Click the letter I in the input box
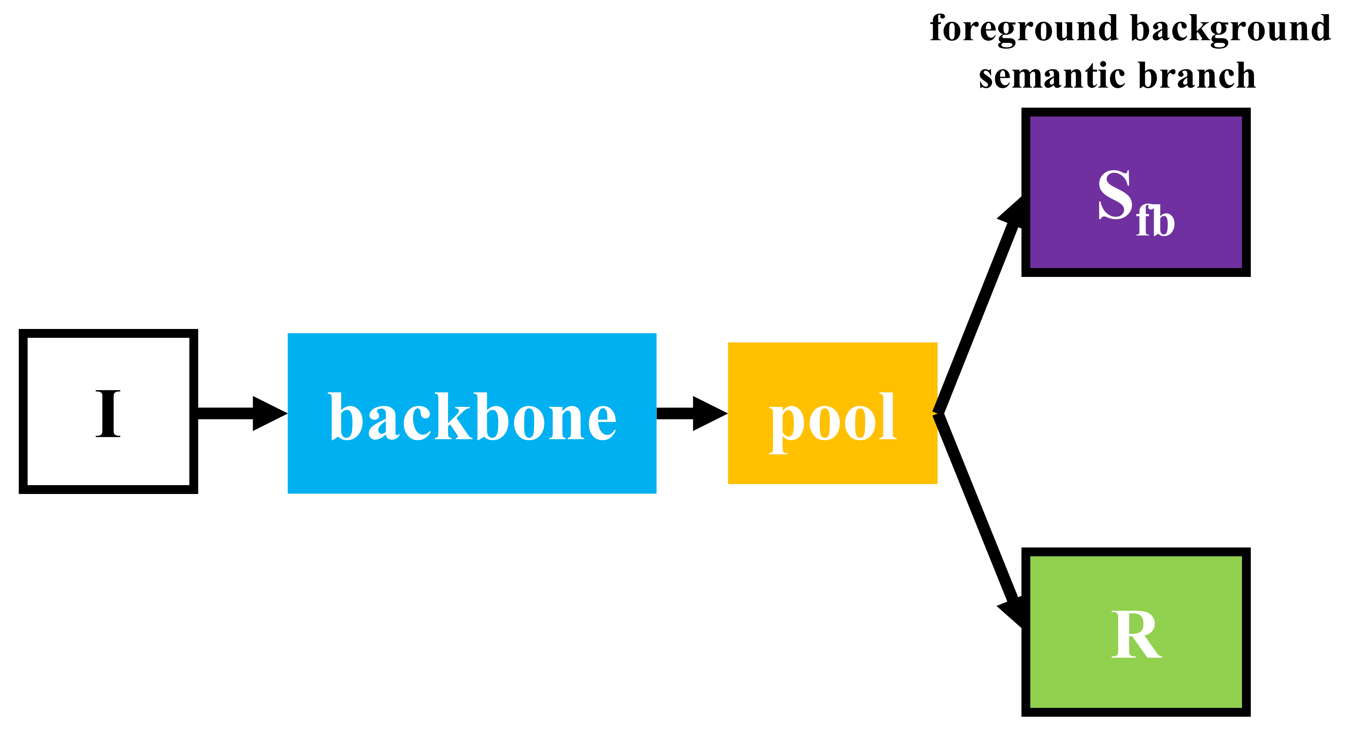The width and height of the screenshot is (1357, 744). click(x=108, y=414)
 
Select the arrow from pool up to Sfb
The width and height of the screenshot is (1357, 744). click(x=980, y=311)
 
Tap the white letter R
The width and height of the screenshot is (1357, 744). click(x=1135, y=635)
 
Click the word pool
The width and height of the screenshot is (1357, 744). click(x=832, y=419)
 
